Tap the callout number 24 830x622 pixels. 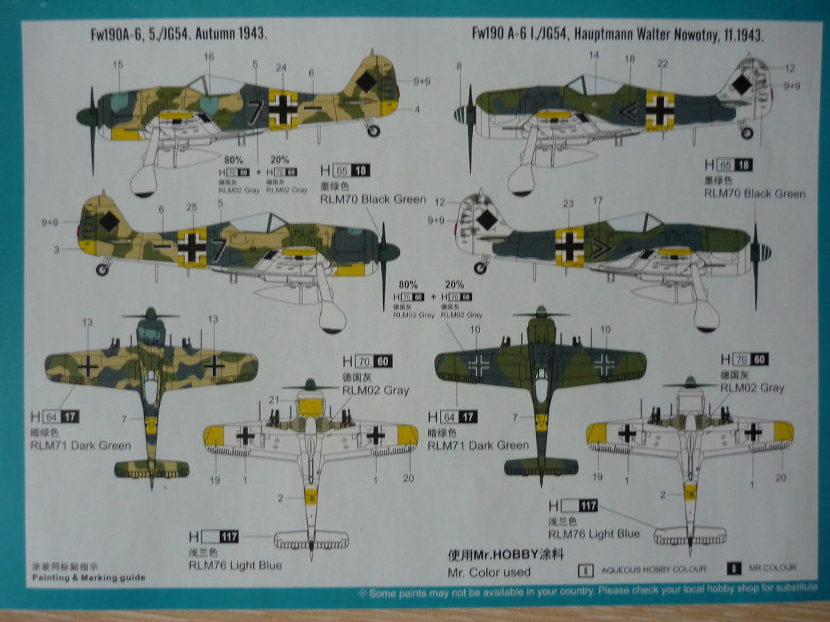pos(280,67)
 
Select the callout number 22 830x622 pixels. pos(663,64)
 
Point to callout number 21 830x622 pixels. pos(273,399)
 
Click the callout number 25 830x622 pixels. pos(192,207)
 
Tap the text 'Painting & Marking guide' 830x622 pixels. pos(89,577)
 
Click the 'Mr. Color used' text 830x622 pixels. pos(489,572)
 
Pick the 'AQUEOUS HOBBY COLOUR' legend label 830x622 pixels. pos(654,569)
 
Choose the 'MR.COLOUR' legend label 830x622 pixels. pos(772,568)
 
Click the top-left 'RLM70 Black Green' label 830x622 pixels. pos(373,200)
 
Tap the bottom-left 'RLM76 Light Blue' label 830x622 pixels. pos(235,565)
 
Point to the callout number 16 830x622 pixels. pos(209,56)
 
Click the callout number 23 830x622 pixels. pos(568,204)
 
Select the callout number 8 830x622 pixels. pos(459,66)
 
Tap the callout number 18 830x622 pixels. pos(629,59)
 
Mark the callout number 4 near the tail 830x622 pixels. pos(417,109)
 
